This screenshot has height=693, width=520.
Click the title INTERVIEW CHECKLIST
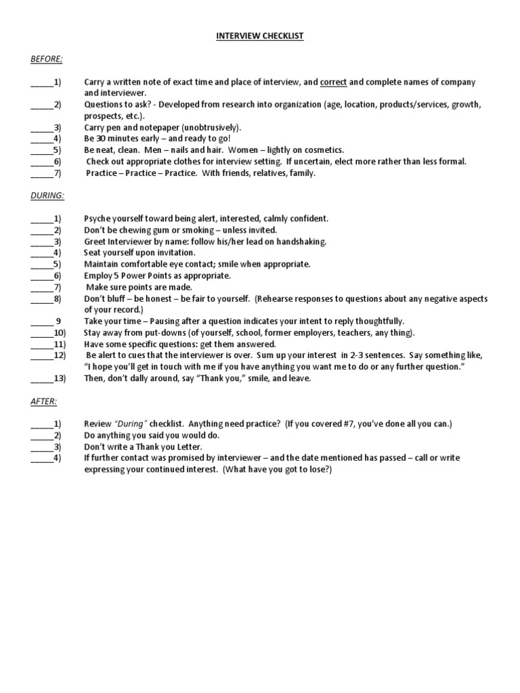[x=260, y=36]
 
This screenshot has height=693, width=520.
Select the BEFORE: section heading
[x=46, y=60]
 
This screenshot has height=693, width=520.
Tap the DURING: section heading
[x=47, y=195]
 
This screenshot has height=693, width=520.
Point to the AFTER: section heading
[x=44, y=401]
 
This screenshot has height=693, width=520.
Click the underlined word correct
[x=334, y=82]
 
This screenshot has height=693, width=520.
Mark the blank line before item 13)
[x=41, y=378]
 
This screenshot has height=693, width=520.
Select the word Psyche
[x=98, y=219]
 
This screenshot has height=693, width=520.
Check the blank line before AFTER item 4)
[x=41, y=458]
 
